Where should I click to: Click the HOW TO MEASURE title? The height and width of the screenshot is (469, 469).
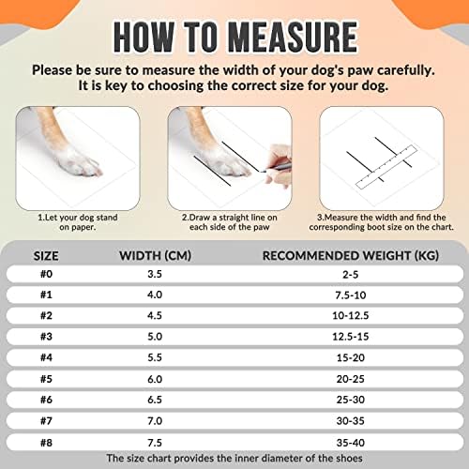tap(234, 38)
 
